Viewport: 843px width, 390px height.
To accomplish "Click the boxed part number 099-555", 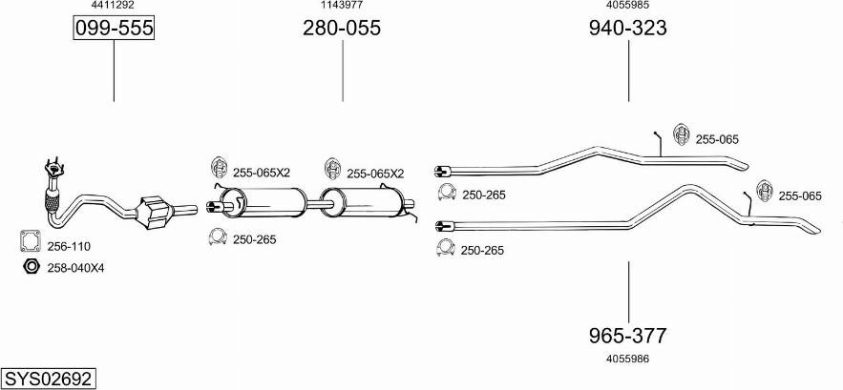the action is coord(114,28).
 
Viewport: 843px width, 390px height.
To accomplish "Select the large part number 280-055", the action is coord(342,28).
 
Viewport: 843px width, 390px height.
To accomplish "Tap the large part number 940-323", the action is coord(628,28).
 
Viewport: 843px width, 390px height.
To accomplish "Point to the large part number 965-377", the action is coord(628,336).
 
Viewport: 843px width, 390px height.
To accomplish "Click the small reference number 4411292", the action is coord(114,5).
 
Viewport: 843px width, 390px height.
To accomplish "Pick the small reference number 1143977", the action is coord(342,5).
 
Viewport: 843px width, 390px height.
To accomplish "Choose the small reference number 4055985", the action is coord(628,5).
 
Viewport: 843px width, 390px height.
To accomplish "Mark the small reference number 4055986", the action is coord(628,359).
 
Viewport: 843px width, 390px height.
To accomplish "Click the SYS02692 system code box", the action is coord(49,379).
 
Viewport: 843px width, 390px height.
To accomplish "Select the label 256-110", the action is coord(69,247).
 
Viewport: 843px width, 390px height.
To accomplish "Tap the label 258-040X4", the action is coord(75,268).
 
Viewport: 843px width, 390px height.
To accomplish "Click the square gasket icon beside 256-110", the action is coord(31,240).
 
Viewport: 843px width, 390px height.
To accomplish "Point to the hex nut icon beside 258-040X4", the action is coord(32,266).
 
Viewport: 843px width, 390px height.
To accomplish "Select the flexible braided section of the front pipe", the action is coord(53,201).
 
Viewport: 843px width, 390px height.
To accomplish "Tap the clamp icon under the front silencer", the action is coord(218,236).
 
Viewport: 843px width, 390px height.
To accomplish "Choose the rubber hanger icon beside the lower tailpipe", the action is coord(765,192).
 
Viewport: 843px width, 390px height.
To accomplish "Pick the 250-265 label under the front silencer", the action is coord(254,239).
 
